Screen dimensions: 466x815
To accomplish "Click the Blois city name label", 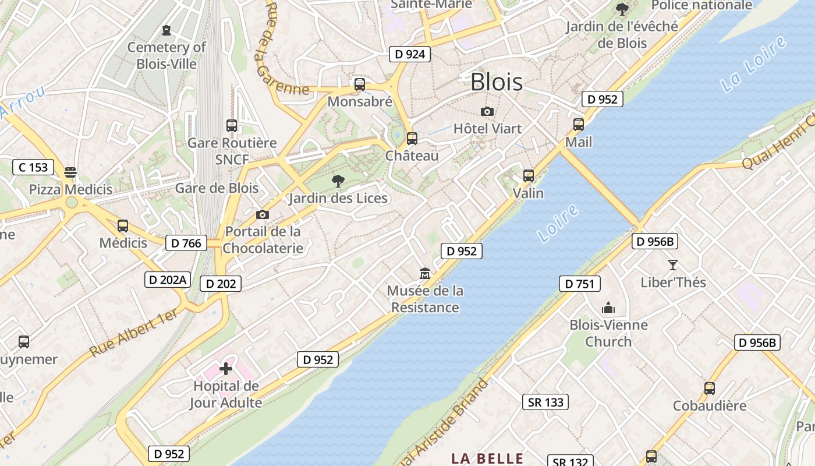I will [x=496, y=82].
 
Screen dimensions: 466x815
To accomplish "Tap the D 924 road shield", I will [x=410, y=55].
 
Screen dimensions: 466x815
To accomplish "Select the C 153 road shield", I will [x=33, y=168].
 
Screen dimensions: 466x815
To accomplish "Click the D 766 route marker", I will [x=186, y=243].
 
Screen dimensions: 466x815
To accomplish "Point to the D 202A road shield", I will [x=167, y=280].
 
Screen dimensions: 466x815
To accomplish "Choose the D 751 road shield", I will [x=579, y=284].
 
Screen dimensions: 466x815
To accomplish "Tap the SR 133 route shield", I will [x=545, y=402].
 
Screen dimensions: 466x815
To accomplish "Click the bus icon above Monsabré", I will [x=360, y=84].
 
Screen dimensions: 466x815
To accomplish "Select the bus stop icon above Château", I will [x=412, y=139].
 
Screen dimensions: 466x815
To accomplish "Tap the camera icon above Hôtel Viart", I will [x=487, y=111].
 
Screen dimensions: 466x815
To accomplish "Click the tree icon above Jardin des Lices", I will [x=338, y=181].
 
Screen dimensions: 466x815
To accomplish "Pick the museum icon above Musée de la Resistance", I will [x=425, y=273].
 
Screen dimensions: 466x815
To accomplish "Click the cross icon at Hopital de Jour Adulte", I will [x=226, y=368].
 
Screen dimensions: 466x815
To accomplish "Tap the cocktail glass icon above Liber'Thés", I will [x=673, y=265].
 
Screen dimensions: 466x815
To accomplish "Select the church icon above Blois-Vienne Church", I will [x=608, y=308].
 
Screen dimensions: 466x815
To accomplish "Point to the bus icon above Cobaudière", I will [x=709, y=389].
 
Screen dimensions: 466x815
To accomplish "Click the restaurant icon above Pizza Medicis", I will [x=70, y=172].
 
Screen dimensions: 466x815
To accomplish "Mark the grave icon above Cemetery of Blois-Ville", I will [x=167, y=30].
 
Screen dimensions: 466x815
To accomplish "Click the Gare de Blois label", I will [x=217, y=188].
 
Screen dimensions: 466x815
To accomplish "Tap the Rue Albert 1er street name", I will [x=134, y=333].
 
